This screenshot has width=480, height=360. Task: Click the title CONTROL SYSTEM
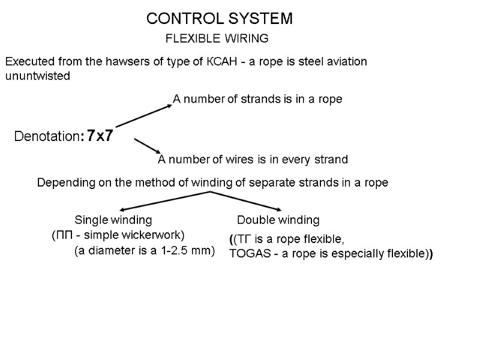point(220,19)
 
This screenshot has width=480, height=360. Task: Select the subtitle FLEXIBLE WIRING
point(216,39)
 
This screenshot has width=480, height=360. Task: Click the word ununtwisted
point(37,76)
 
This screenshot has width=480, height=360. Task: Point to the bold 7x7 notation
point(99,136)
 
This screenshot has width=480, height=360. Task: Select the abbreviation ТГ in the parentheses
point(245,239)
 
